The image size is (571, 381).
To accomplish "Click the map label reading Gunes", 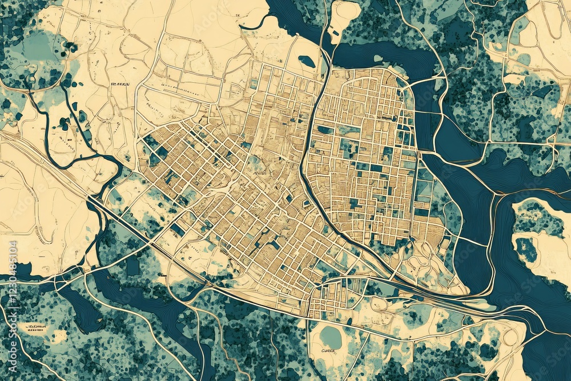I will click(328, 351).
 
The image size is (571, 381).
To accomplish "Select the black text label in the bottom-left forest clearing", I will click(35, 327).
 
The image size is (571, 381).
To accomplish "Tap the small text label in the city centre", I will click(260, 171).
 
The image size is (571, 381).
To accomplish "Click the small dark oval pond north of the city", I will click(307, 61).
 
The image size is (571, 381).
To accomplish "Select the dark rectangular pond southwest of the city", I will click(133, 266).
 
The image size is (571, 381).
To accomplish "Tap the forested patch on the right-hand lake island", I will click(526, 248).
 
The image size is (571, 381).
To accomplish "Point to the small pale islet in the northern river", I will click(377, 58).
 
